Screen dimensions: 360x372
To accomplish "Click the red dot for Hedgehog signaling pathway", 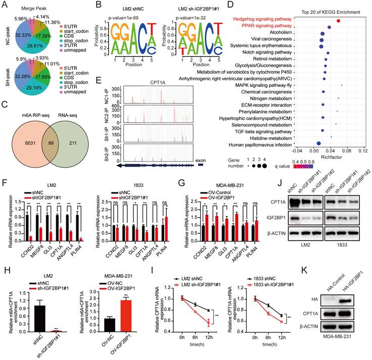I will click(338, 21).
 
